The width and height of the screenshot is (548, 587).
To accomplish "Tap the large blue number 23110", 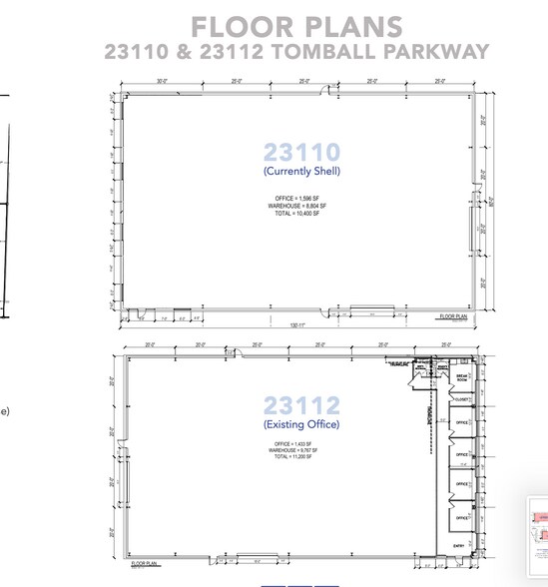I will pyautogui.click(x=301, y=152).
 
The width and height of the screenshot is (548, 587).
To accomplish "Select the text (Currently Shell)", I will pyautogui.click(x=301, y=171).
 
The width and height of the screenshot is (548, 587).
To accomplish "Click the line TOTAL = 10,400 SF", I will pyautogui.click(x=301, y=214).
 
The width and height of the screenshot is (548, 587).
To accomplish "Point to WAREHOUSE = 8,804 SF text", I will pyautogui.click(x=301, y=206).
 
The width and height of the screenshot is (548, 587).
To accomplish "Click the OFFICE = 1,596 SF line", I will pyautogui.click(x=301, y=199).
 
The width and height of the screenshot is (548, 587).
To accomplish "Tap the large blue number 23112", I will pyautogui.click(x=301, y=405).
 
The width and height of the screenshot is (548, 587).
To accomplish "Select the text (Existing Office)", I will pyautogui.click(x=301, y=424).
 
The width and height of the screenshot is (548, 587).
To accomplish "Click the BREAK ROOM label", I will pyautogui.click(x=461, y=377).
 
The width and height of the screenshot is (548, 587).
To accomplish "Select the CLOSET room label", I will pyautogui.click(x=461, y=400).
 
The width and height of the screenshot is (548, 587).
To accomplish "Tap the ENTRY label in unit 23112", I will pyautogui.click(x=460, y=546).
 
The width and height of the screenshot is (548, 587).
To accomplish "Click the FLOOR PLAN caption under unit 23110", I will pyautogui.click(x=452, y=315).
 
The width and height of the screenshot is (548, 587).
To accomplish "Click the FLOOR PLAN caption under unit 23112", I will pyautogui.click(x=146, y=564).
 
